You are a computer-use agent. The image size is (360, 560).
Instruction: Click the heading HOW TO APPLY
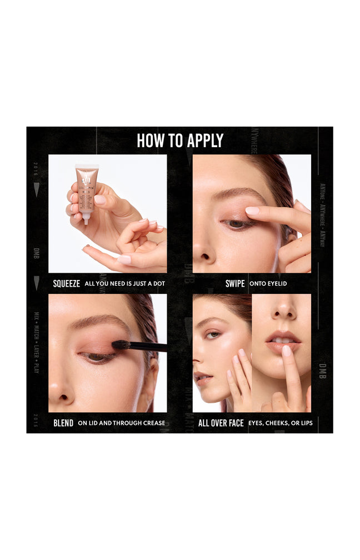180,141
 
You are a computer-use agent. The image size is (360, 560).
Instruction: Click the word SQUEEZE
66,283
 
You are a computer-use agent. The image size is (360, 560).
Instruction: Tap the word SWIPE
235,283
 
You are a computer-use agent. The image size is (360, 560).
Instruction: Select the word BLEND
63,423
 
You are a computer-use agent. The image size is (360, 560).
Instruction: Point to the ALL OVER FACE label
221,423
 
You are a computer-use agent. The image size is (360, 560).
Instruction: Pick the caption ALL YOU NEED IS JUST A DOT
124,283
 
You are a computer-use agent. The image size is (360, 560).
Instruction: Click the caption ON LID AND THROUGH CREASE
121,423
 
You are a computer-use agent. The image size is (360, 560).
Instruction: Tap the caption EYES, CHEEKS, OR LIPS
280,423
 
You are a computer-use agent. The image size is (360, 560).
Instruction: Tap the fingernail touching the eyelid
253,211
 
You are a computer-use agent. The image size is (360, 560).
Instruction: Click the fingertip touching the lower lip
286,351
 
